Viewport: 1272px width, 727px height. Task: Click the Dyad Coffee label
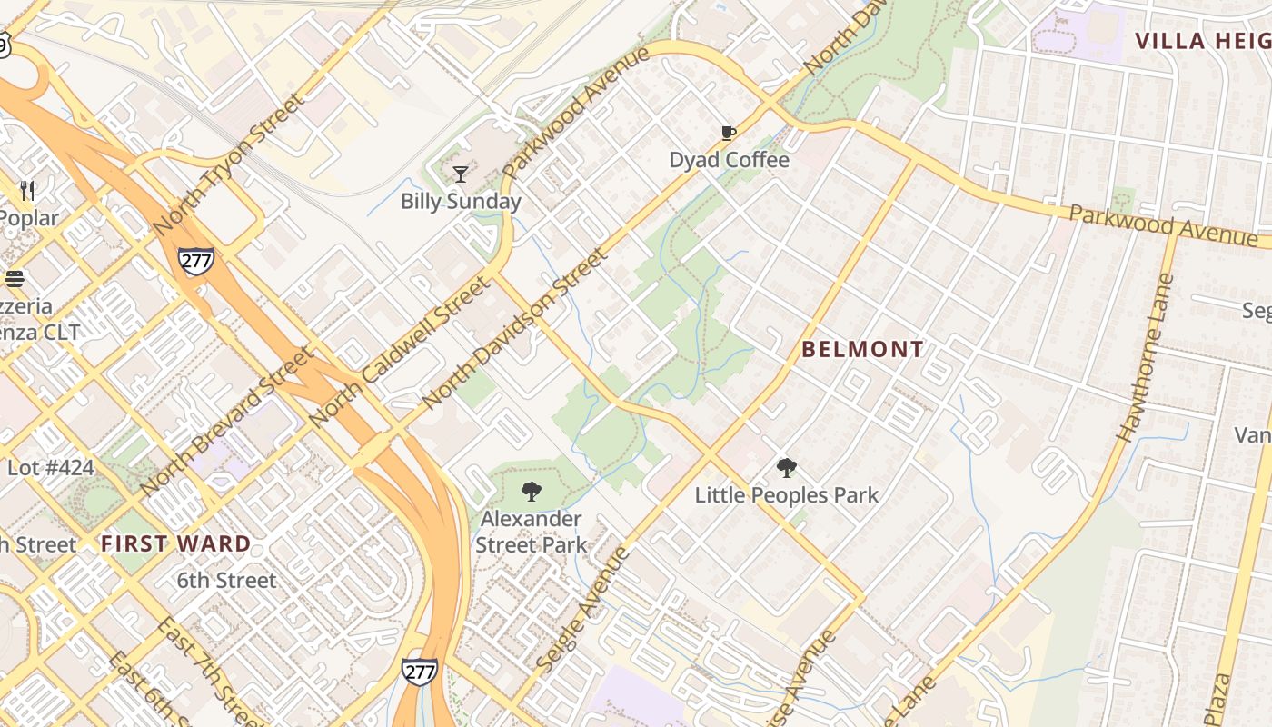pyautogui.click(x=729, y=160)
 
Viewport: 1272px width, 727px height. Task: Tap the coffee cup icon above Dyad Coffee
pyautogui.click(x=728, y=134)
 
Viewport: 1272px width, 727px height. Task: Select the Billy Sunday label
pyautogui.click(x=461, y=201)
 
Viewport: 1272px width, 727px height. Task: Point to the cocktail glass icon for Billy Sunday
pyautogui.click(x=461, y=174)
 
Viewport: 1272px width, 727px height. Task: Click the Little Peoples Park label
pyautogui.click(x=786, y=495)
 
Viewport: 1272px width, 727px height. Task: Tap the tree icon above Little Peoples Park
pyautogui.click(x=786, y=468)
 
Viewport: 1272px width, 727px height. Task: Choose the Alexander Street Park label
pyautogui.click(x=531, y=532)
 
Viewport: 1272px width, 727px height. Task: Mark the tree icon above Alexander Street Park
pyautogui.click(x=532, y=492)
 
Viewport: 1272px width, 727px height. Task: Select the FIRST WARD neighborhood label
pyautogui.click(x=175, y=544)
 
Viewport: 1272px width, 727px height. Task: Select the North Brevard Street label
pyautogui.click(x=227, y=422)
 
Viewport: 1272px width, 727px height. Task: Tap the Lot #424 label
pyautogui.click(x=50, y=469)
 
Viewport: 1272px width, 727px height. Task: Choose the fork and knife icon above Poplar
pyautogui.click(x=27, y=191)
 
